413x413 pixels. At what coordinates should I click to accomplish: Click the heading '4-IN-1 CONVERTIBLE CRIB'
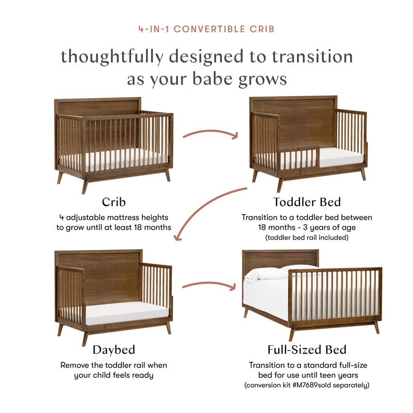click(x=206, y=29)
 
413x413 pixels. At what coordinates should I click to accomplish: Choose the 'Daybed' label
click(x=114, y=351)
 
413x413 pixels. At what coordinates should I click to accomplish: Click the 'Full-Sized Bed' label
click(x=307, y=351)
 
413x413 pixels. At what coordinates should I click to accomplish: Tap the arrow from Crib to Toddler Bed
click(x=211, y=133)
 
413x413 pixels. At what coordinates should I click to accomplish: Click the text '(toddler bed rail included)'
click(x=307, y=238)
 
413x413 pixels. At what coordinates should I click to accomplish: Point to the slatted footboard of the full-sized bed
click(x=336, y=294)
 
